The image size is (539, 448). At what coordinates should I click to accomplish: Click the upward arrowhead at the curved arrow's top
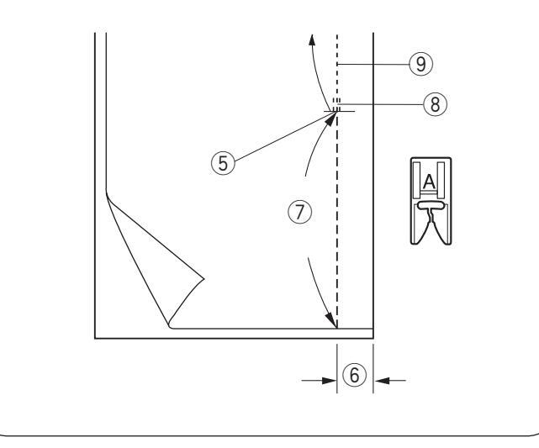(x=313, y=40)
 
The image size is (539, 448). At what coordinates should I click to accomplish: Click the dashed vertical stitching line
(x=336, y=210)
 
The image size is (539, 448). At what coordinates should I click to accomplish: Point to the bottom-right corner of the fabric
(x=373, y=338)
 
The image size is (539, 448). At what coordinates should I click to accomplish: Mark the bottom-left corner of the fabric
(x=94, y=338)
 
